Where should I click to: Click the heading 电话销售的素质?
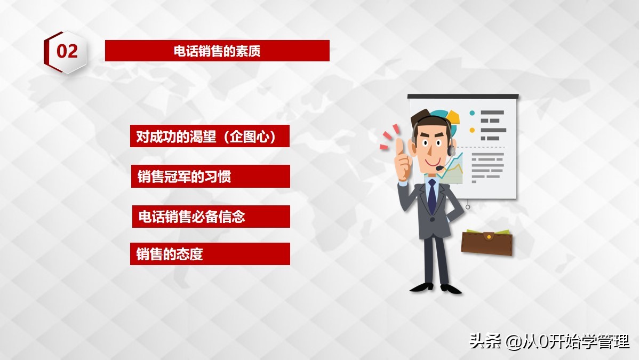click(217, 51)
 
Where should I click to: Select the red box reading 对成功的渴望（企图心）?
click(210, 136)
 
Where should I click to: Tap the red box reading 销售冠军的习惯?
click(210, 176)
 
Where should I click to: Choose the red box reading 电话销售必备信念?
click(211, 217)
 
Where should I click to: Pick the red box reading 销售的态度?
click(210, 254)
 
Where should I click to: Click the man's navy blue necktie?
click(432, 196)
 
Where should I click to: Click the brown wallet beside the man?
click(486, 243)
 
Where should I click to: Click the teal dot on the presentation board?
click(471, 113)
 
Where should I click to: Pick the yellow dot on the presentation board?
click(471, 130)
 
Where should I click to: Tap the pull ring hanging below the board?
click(468, 206)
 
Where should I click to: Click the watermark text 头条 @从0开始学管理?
click(549, 341)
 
